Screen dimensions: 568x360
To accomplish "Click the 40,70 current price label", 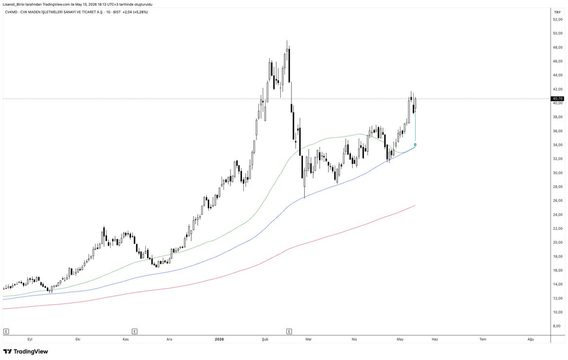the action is pyautogui.click(x=558, y=99).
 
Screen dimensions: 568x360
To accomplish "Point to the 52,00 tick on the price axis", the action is pyautogui.click(x=558, y=19).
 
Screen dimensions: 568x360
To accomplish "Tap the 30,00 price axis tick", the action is pyautogui.click(x=558, y=173).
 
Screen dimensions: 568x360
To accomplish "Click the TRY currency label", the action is pyautogui.click(x=558, y=12).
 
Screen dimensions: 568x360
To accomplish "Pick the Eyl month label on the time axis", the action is pyautogui.click(x=30, y=339).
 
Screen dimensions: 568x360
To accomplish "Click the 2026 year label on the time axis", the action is pyautogui.click(x=219, y=339).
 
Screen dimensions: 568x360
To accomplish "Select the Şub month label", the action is pyautogui.click(x=265, y=339).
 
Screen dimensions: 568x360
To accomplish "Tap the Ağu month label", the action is pyautogui.click(x=531, y=339).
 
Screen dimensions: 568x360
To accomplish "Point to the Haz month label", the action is pyautogui.click(x=435, y=339).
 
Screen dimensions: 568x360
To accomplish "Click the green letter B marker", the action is pyautogui.click(x=415, y=145).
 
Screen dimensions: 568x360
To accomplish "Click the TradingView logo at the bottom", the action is pyautogui.click(x=26, y=351).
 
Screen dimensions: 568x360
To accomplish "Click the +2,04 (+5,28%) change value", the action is pyautogui.click(x=135, y=12).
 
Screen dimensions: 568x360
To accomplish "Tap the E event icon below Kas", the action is pyautogui.click(x=134, y=331).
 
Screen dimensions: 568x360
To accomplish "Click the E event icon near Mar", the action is pyautogui.click(x=289, y=331).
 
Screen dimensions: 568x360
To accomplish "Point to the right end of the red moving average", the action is pyautogui.click(x=416, y=205).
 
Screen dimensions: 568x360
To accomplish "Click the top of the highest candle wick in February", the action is pyautogui.click(x=287, y=41).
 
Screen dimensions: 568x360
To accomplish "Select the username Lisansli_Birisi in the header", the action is pyautogui.click(x=13, y=5).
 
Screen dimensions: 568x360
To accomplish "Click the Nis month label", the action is pyautogui.click(x=354, y=339).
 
